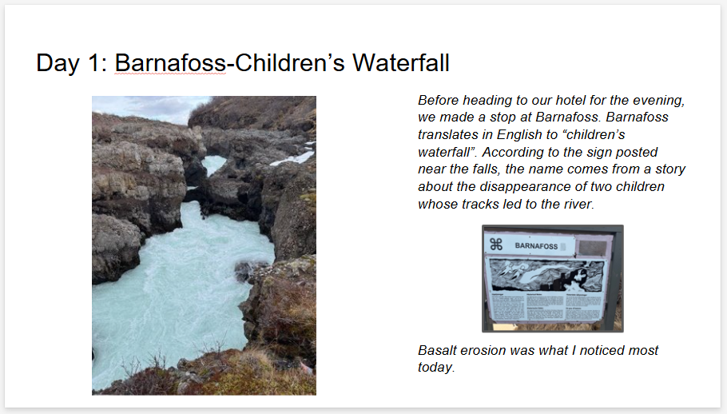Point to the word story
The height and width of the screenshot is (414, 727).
coord(668,169)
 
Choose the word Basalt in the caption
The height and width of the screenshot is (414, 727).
coord(438,351)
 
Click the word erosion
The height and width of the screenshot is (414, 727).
coord(485,351)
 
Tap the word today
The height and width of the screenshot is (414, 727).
coord(435,368)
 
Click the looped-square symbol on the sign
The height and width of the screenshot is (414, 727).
coord(496,245)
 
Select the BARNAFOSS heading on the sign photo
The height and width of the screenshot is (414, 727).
coord(536,245)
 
